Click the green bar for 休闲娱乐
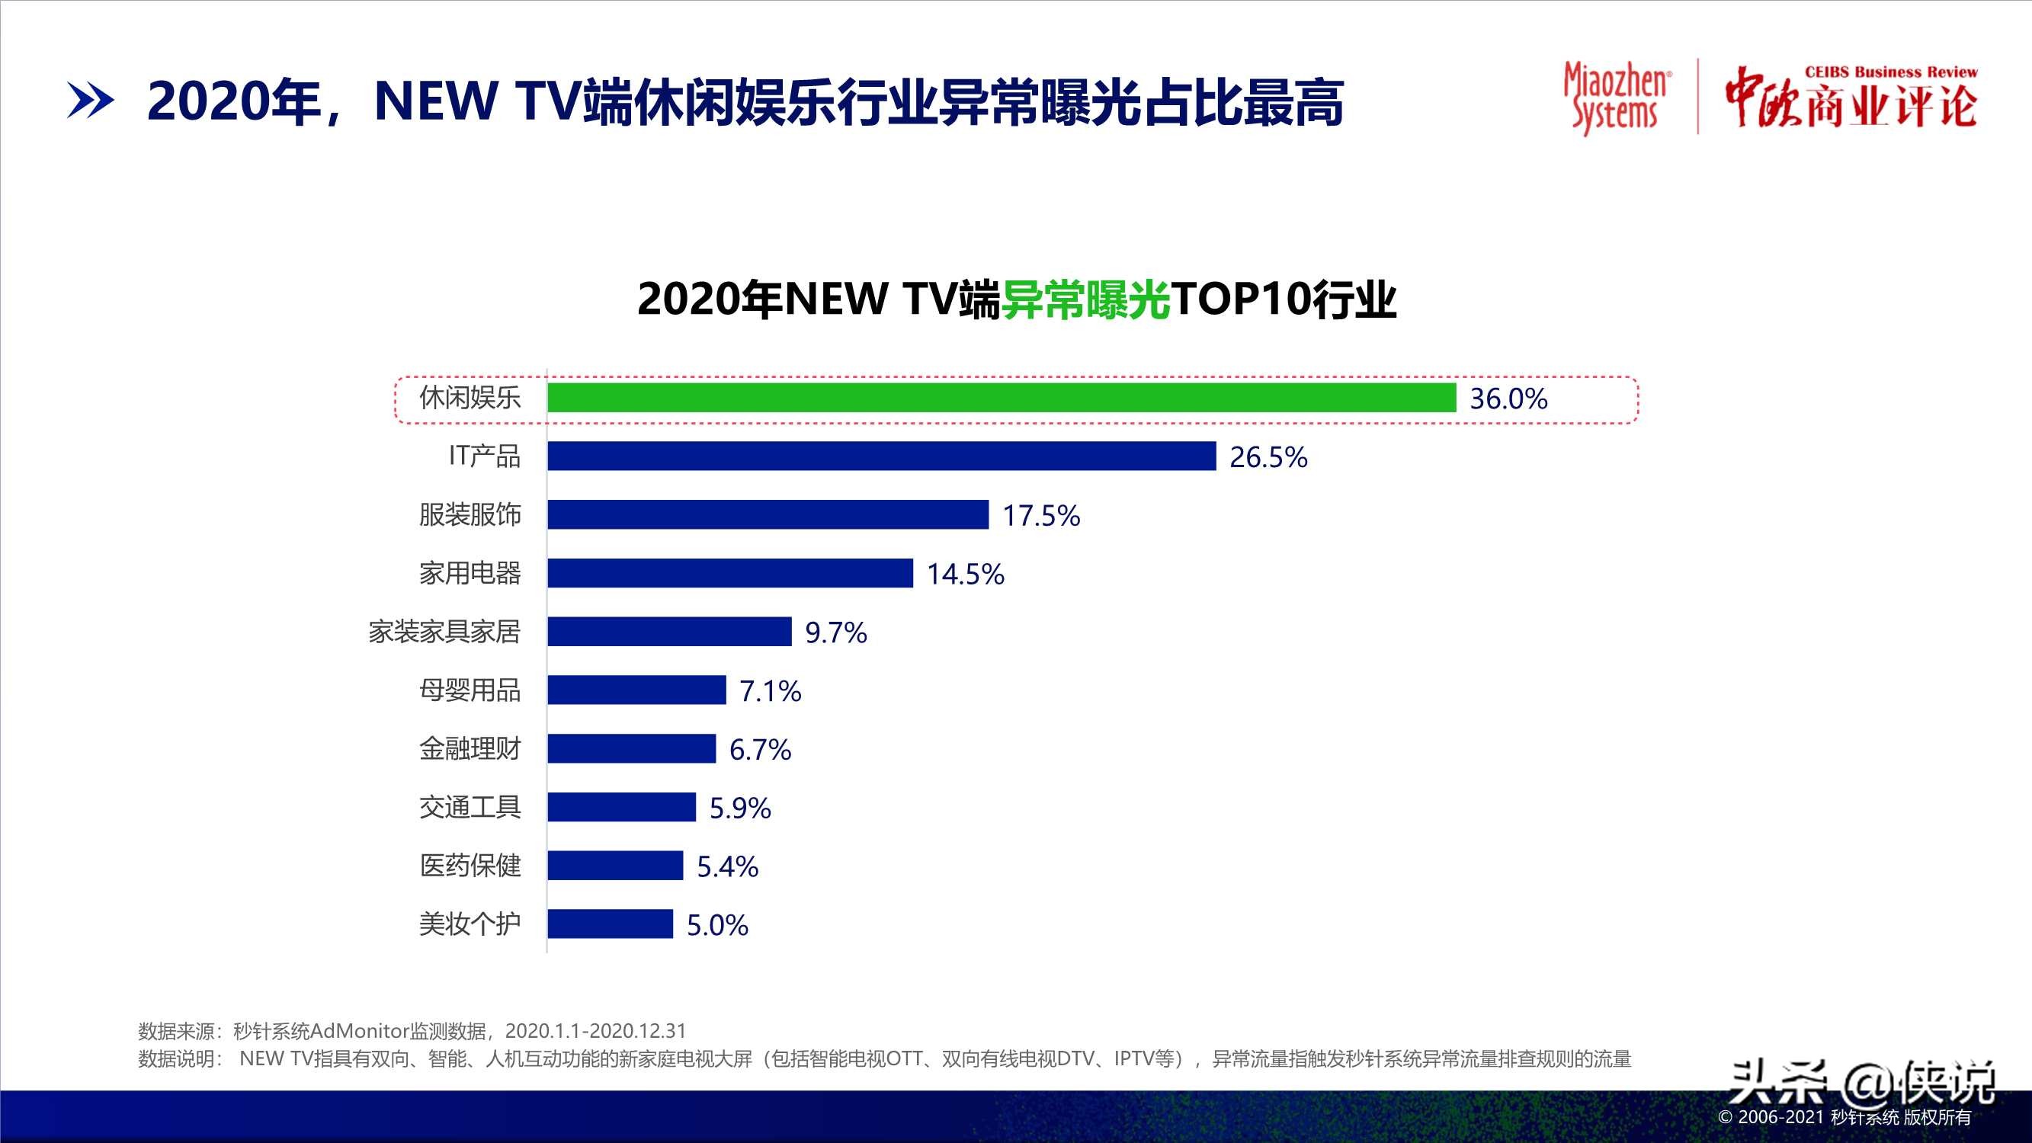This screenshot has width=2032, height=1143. pos(1001,398)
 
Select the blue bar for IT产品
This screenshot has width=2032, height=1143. pos(881,456)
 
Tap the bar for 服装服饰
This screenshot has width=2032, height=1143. pos(768,514)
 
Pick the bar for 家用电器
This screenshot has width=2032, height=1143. pos(729,573)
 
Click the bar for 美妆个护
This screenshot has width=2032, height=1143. pos(610,924)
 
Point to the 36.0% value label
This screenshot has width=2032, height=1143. pos(1508,399)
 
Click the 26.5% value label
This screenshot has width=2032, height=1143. pos(1268,456)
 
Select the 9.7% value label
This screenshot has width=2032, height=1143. pos(835,632)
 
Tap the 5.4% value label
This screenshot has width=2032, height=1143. pos(726,866)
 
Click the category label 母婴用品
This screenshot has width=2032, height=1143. pos(470,690)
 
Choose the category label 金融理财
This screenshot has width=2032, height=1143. pos(470,748)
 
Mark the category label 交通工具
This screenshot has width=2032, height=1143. pos(470,807)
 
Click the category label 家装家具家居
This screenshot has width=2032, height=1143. pos(444,632)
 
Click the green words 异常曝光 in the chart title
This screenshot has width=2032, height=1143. pos(1085,299)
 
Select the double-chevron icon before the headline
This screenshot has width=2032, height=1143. pos(90,101)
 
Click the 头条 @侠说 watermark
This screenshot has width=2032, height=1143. pos(1861,1082)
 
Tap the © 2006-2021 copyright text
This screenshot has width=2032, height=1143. pos(1845,1118)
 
